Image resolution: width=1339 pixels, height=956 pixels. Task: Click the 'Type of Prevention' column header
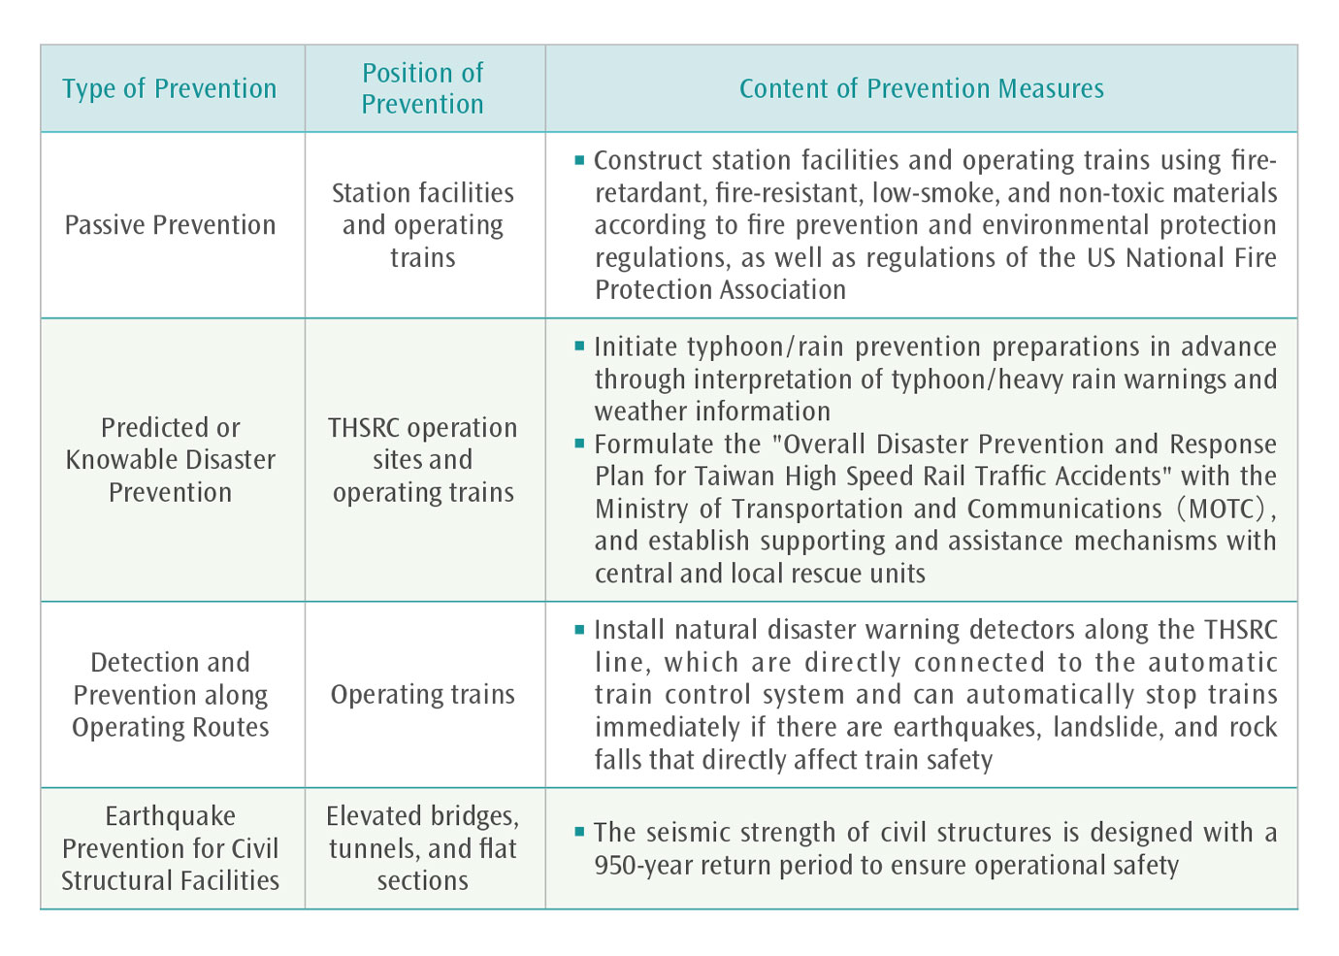[170, 88]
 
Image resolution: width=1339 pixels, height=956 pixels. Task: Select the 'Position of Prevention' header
[423, 88]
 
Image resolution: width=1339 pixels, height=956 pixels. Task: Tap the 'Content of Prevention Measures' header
[921, 88]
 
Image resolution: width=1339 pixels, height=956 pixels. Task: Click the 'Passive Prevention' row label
[170, 225]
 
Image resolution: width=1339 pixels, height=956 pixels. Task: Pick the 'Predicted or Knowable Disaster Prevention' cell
[170, 460]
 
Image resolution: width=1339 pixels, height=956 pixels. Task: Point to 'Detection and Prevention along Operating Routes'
[170, 695]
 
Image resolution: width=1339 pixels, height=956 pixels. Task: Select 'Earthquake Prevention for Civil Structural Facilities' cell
[170, 848]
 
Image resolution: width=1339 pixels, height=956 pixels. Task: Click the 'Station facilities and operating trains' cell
[423, 225]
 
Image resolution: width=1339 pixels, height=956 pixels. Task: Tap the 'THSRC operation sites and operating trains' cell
[423, 460]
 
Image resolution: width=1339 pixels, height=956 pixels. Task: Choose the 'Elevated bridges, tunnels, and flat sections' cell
[423, 848]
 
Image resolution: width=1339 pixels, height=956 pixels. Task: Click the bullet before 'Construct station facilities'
[580, 159]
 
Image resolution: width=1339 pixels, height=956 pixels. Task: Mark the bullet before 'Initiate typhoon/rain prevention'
[580, 346]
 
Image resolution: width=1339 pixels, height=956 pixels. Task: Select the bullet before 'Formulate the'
[580, 444]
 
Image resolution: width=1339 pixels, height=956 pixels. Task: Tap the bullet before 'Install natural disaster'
[580, 629]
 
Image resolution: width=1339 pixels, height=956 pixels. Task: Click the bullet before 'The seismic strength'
[580, 832]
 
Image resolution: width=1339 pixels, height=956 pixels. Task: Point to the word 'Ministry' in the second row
[639, 509]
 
